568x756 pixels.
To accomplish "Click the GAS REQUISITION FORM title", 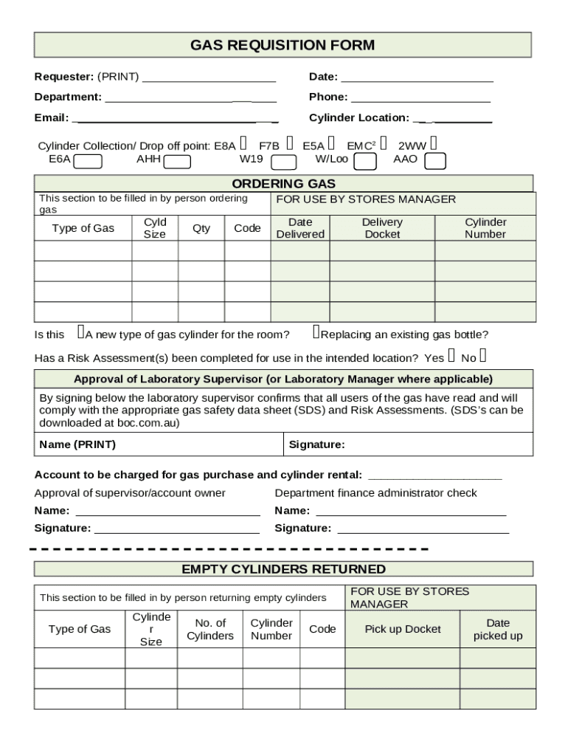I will (x=283, y=45).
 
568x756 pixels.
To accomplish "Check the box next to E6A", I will (x=89, y=162).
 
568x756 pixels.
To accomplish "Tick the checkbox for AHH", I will (x=177, y=162).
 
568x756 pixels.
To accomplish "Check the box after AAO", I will (x=435, y=162).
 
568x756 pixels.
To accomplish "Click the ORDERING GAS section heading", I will (x=283, y=184).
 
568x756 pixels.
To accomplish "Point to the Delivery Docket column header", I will (x=382, y=228).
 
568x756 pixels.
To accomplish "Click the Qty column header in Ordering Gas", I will (x=201, y=228).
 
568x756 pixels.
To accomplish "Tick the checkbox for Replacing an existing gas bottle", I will (x=316, y=334).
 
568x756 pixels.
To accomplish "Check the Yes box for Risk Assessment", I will (x=451, y=357).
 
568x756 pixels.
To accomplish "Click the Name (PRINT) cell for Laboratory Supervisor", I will (x=159, y=444).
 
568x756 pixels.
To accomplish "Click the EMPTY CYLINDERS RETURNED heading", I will (x=283, y=569).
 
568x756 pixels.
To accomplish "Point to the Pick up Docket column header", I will (x=403, y=629).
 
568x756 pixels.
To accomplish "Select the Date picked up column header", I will (x=498, y=629).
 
